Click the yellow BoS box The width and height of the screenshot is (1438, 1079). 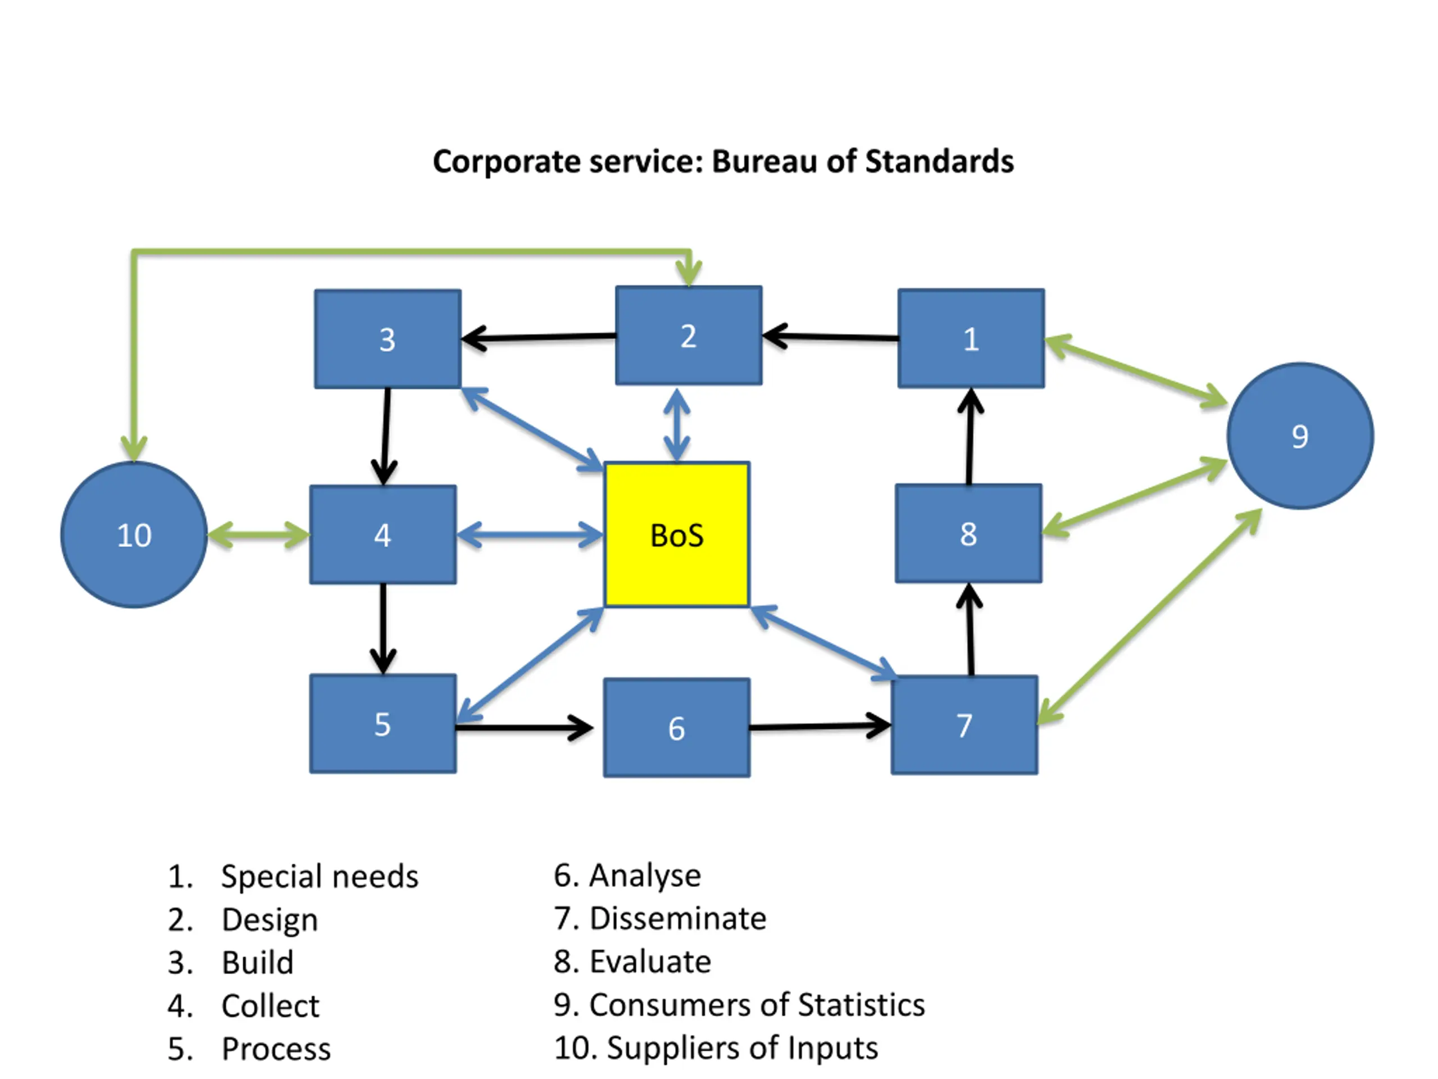[677, 534]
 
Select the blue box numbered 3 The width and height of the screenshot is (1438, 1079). [388, 339]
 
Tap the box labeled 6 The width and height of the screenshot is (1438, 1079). [677, 728]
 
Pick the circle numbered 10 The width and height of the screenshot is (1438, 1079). [134, 534]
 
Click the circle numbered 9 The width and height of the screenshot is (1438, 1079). [1300, 436]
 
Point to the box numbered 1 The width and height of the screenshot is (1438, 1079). [971, 338]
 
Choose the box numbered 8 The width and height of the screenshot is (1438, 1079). [968, 533]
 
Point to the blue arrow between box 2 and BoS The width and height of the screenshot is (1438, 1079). [677, 424]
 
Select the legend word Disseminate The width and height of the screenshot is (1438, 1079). [677, 918]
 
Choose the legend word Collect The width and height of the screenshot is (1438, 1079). [270, 1006]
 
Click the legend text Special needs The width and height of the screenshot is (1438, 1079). [320, 876]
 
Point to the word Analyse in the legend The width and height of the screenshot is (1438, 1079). [645, 875]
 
